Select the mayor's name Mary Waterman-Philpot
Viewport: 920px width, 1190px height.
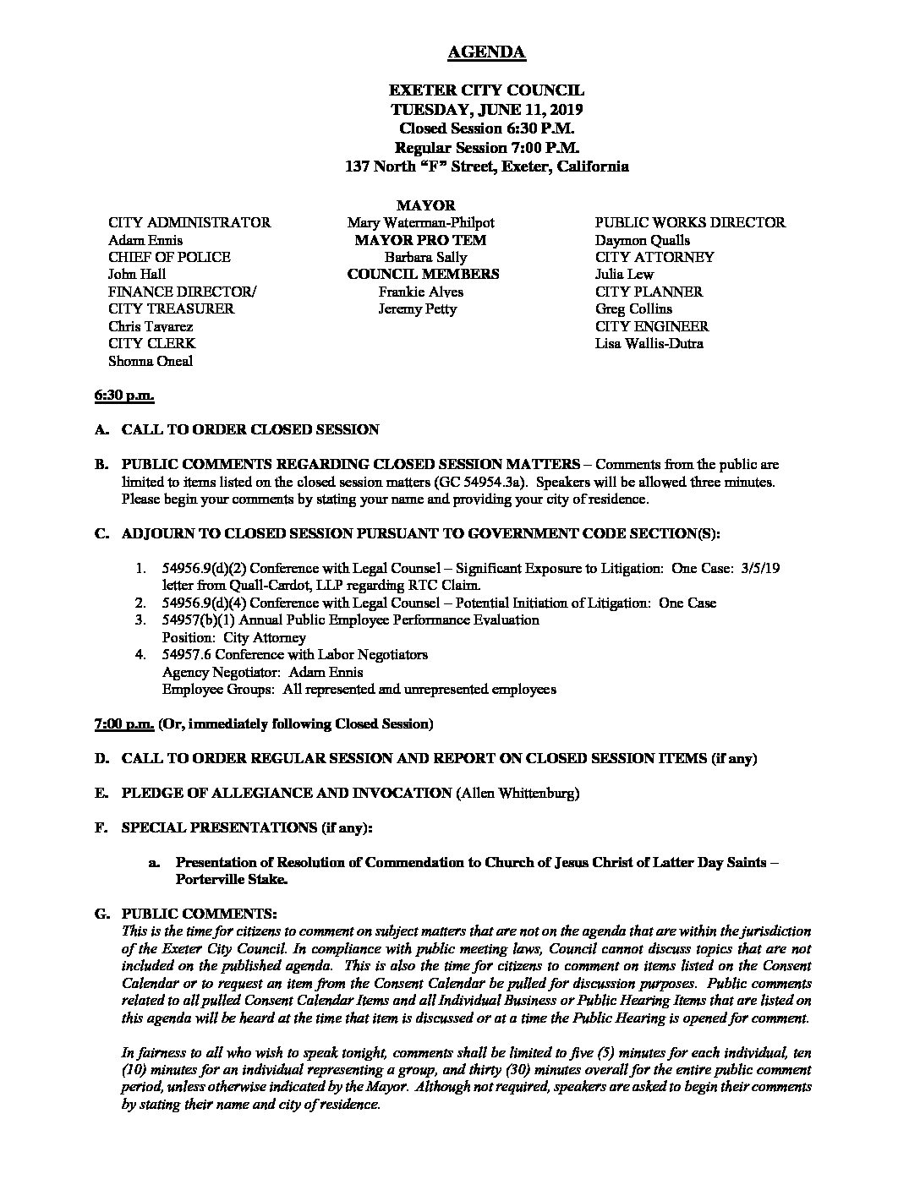[420, 223]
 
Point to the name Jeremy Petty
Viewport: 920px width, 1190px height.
[418, 309]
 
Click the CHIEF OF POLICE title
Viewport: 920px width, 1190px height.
[169, 257]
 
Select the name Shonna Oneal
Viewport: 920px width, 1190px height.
[151, 361]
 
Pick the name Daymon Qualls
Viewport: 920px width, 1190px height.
[643, 240]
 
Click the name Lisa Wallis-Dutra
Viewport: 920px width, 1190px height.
[649, 343]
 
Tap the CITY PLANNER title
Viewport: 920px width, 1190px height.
[649, 292]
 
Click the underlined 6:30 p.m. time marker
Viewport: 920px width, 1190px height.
[123, 396]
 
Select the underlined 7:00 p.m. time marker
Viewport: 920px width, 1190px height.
[123, 724]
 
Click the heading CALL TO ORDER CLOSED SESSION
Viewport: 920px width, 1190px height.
[250, 429]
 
